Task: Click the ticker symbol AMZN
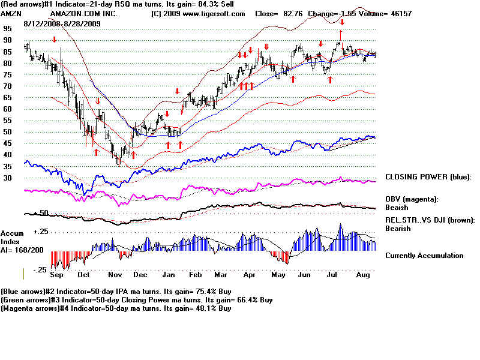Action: pos(11,14)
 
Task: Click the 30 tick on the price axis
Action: pos(7,178)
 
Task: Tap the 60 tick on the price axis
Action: pos(7,109)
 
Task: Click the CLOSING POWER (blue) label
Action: pos(428,178)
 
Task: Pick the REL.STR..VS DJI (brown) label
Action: pos(429,221)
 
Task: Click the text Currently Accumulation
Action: pos(424,256)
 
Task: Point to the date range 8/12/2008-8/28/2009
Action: pos(62,23)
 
